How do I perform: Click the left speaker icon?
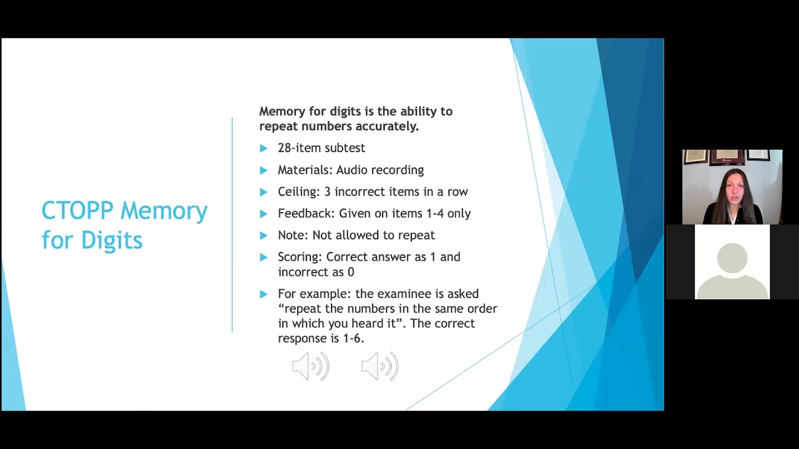(310, 367)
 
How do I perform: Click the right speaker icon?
(380, 367)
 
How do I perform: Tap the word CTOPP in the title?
(77, 211)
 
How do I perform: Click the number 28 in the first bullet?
(285, 148)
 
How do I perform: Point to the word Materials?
(304, 170)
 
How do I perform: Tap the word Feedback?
(305, 213)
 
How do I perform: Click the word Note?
(291, 235)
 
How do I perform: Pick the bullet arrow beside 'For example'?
(263, 294)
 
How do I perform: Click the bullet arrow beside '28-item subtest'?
(263, 148)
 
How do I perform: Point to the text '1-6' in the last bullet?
(353, 338)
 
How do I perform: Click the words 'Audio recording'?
(380, 170)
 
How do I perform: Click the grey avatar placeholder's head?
(732, 258)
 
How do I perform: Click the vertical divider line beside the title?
(232, 224)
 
